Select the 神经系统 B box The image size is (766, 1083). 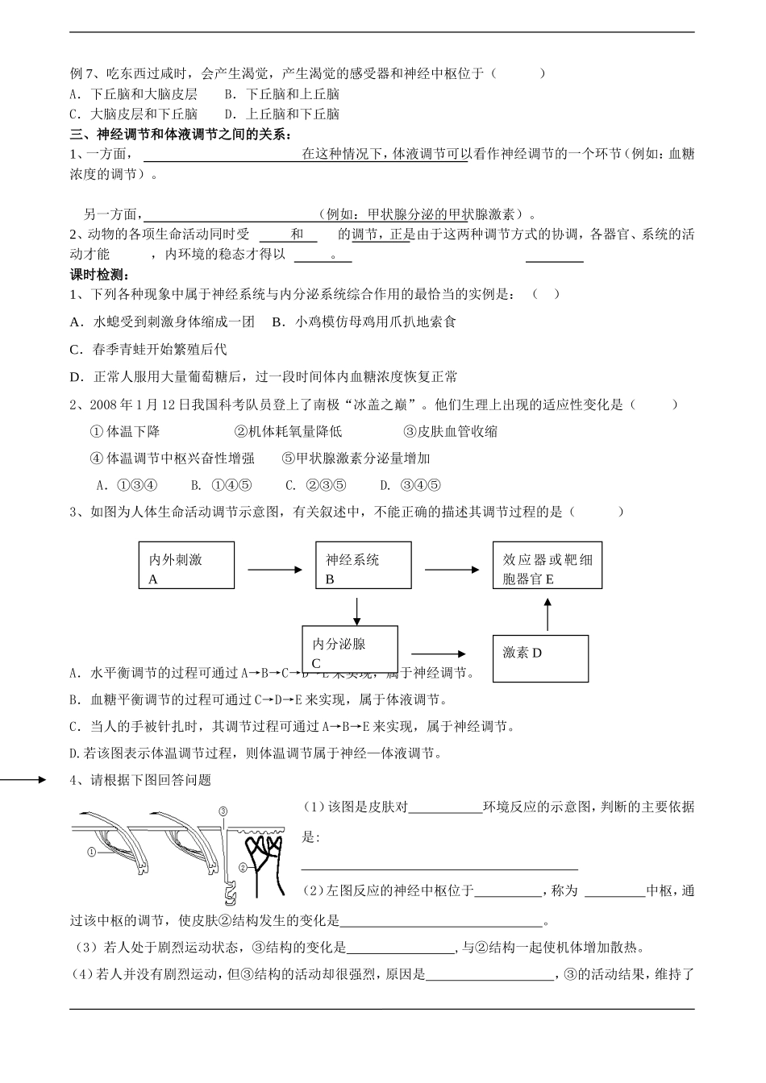(x=363, y=566)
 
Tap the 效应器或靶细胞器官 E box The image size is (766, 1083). (x=547, y=566)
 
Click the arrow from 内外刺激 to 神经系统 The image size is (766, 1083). (x=275, y=571)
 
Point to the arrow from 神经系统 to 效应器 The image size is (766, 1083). (x=453, y=571)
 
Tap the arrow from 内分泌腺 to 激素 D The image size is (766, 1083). (x=439, y=654)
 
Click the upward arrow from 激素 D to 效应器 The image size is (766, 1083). (x=547, y=614)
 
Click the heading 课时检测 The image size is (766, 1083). (x=101, y=275)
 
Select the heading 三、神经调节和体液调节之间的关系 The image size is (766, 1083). (x=181, y=134)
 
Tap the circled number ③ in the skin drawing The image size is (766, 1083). (x=223, y=811)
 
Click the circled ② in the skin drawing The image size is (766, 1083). (x=243, y=867)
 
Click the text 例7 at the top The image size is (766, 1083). (x=82, y=73)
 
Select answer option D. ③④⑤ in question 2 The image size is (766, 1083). (x=410, y=485)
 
